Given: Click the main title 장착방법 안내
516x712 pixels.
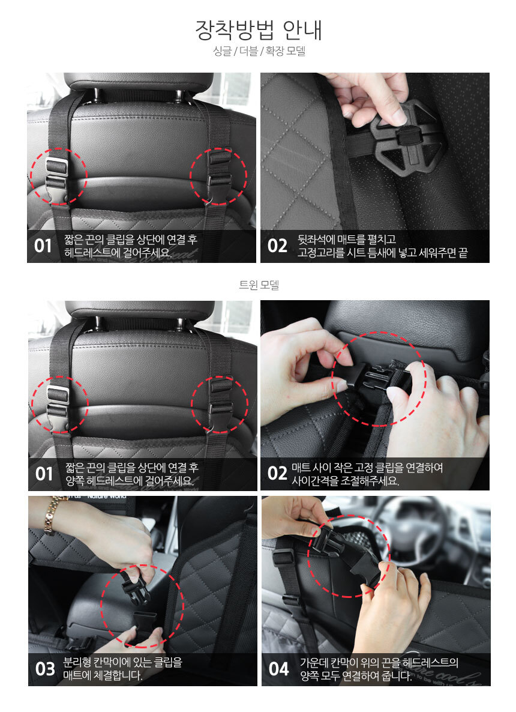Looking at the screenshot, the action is click(258, 30).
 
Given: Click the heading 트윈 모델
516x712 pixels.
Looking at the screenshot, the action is click(259, 285).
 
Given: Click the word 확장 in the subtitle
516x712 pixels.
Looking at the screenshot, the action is click(274, 51).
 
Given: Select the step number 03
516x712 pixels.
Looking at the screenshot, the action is click(45, 669).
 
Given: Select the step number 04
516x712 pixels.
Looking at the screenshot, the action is click(278, 669).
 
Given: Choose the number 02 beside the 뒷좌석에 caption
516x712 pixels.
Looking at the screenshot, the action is click(277, 246).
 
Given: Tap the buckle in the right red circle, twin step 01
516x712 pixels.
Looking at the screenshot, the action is click(220, 403).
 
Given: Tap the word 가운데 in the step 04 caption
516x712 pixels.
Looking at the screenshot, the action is click(314, 663).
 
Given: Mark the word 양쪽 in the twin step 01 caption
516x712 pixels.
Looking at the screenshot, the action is click(74, 480).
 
